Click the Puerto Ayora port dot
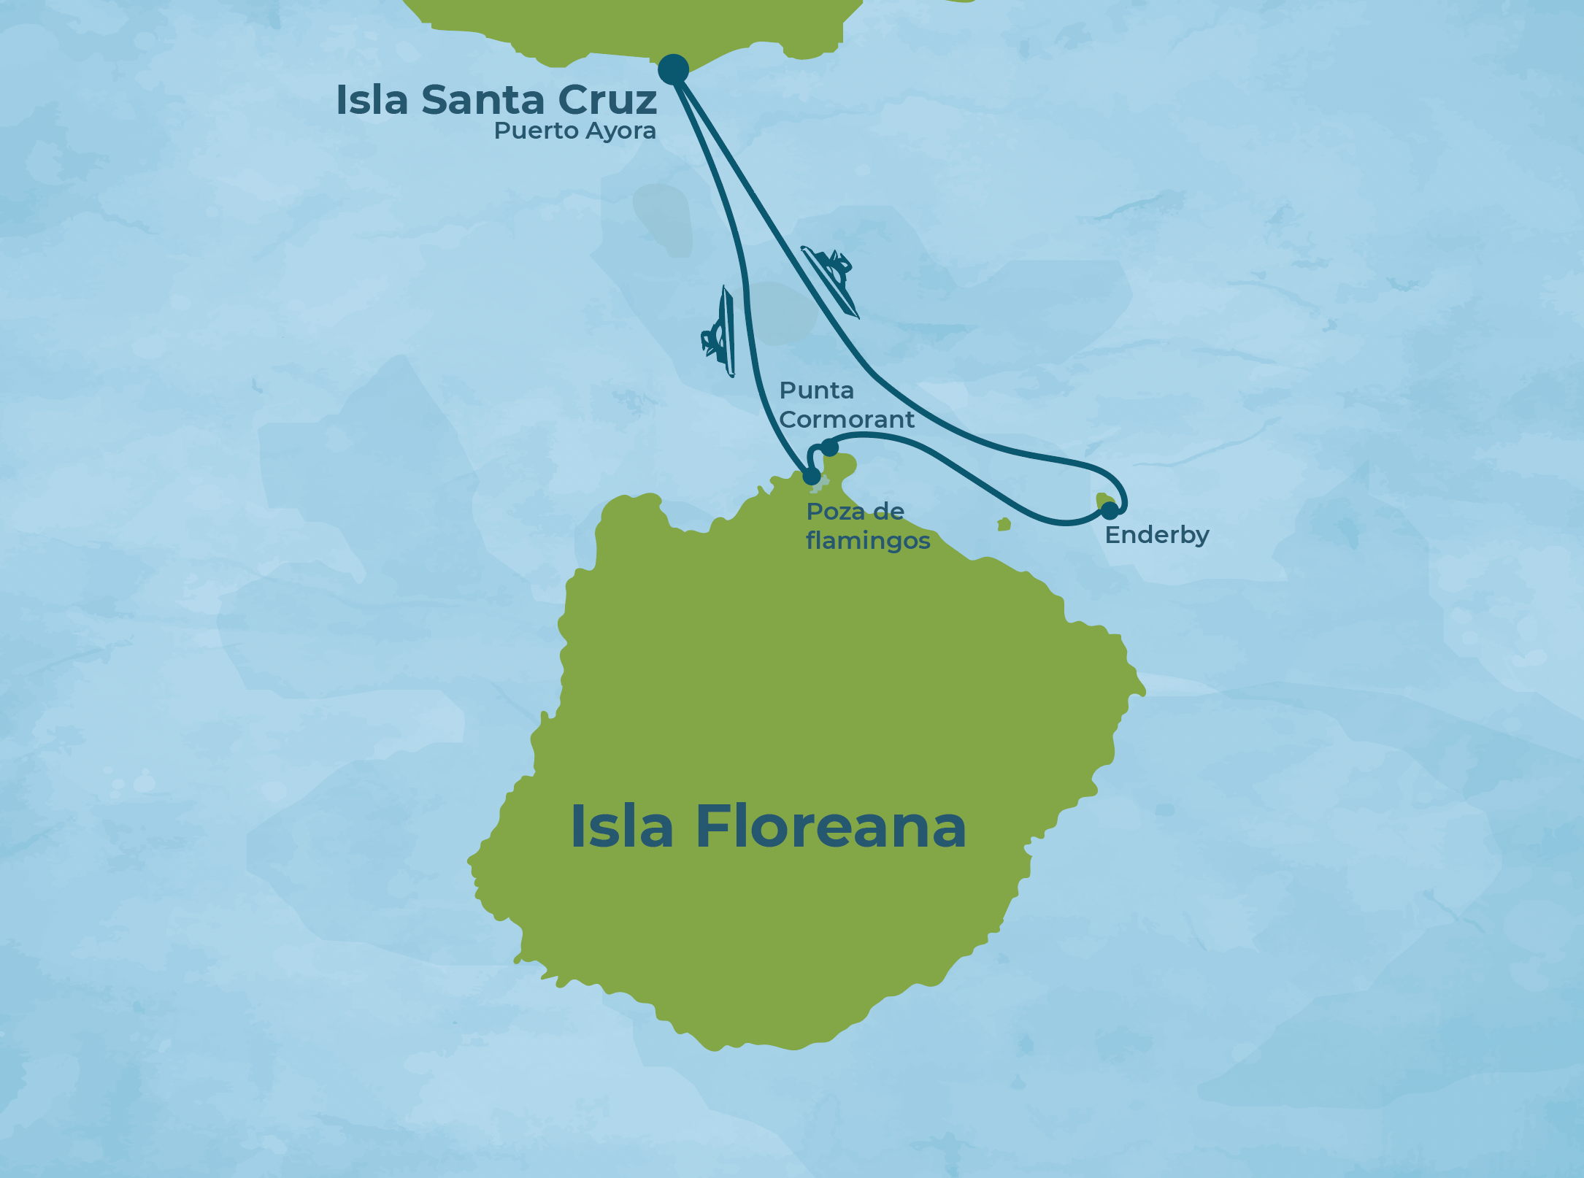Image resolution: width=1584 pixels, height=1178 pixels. click(673, 69)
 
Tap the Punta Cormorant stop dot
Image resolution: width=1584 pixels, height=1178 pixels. click(829, 447)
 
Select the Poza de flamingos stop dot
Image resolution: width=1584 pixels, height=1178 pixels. click(812, 477)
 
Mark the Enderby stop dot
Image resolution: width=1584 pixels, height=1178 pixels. click(1109, 510)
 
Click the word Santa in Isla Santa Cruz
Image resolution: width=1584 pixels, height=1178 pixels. click(482, 100)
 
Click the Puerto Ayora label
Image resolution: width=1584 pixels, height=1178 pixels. click(574, 131)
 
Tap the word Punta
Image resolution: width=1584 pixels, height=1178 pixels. click(816, 391)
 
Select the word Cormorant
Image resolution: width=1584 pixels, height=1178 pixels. click(847, 420)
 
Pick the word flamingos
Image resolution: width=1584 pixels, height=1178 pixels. click(868, 541)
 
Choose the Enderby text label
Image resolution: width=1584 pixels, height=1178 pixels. click(1157, 535)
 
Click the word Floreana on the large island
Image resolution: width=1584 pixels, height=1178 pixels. click(831, 827)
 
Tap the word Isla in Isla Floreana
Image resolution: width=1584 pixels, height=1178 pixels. click(621, 827)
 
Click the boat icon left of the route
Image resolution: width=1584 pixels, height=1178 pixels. click(719, 332)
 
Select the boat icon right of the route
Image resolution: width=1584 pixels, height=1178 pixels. click(831, 280)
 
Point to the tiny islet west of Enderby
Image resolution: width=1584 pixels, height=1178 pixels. click(1004, 524)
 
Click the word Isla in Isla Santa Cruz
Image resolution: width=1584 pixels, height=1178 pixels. click(372, 100)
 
